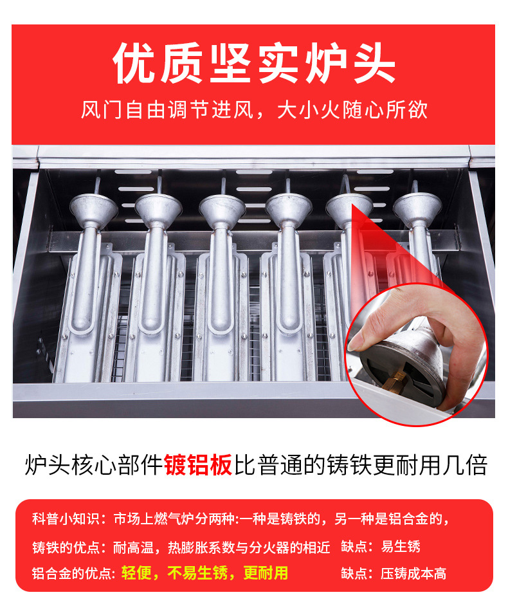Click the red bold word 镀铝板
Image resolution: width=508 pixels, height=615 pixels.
[197, 464]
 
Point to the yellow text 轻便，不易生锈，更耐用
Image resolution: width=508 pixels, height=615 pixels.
[204, 573]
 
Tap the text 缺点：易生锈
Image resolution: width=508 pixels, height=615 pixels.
[381, 546]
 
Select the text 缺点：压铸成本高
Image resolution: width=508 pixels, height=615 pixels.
[394, 573]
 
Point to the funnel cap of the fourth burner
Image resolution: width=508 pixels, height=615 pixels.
[289, 208]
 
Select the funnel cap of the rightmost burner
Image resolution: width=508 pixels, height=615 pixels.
[417, 208]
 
